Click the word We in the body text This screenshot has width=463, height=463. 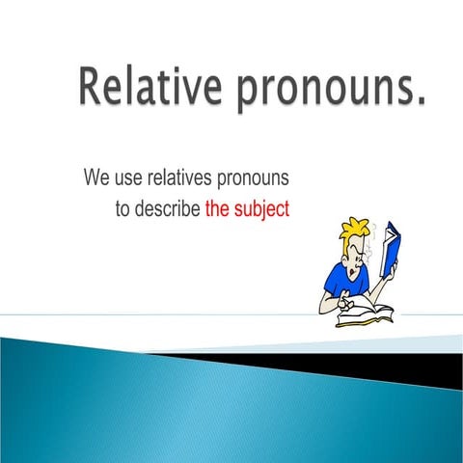pyautogui.click(x=95, y=178)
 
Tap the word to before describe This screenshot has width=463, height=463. pyautogui.click(x=123, y=207)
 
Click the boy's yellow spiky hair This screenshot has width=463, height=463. pyautogui.click(x=355, y=232)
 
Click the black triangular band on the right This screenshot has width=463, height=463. pyautogui.click(x=405, y=365)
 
